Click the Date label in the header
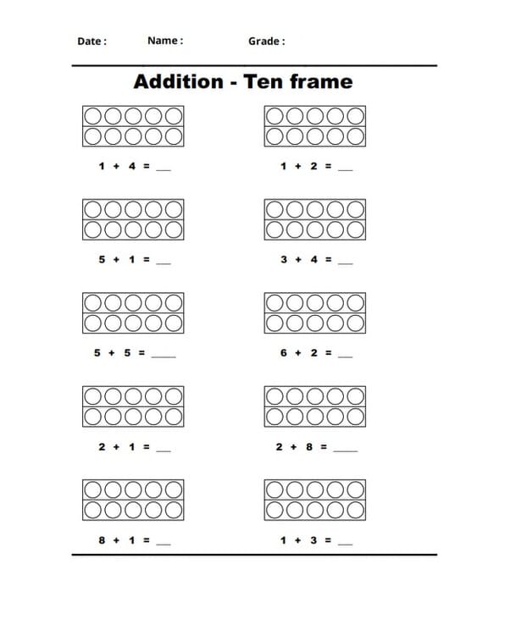[91, 41]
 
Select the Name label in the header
[164, 40]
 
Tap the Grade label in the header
[266, 41]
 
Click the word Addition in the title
[178, 81]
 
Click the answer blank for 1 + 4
[164, 169]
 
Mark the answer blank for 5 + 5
[164, 356]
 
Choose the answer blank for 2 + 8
[346, 450]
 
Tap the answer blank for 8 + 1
[164, 543]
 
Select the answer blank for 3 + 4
[345, 262]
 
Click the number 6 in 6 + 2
[284, 352]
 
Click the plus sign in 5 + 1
[117, 259]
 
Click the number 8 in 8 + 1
[103, 539]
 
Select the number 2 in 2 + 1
[103, 446]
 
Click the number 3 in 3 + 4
[284, 259]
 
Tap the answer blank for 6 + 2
[345, 356]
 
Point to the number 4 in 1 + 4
[132, 166]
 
